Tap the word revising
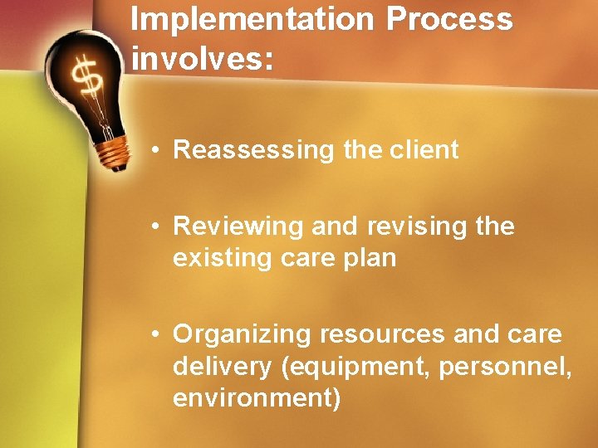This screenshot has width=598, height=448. click(x=392, y=226)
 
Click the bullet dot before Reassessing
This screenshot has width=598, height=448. click(x=155, y=151)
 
